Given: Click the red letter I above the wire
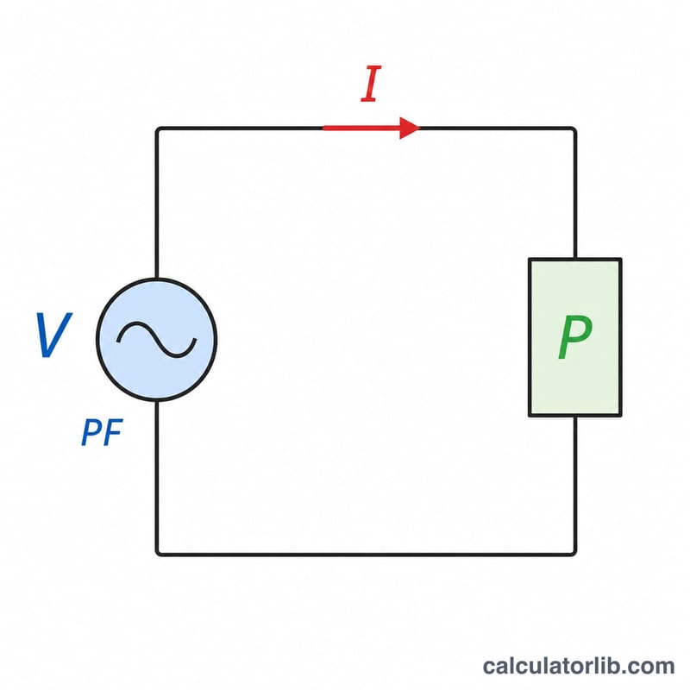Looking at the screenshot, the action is point(371,84).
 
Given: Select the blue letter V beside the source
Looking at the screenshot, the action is point(53,335).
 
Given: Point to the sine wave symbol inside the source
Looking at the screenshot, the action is point(157,339).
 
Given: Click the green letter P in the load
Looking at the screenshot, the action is point(574,337).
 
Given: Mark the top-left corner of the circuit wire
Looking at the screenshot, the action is point(158,129).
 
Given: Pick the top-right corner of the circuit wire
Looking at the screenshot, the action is point(574,129).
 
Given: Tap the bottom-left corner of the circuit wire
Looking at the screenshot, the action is point(158,554).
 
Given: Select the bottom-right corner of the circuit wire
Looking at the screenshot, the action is point(574,554).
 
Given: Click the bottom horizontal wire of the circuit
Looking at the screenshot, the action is point(366,554).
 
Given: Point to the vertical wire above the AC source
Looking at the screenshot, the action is point(157,204).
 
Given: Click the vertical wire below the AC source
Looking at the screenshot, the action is point(157,477).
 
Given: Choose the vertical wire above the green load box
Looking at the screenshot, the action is point(574,193).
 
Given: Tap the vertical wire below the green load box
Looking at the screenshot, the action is point(574,485).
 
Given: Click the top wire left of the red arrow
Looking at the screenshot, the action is point(241,129).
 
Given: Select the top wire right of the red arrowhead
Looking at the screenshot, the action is point(498,129).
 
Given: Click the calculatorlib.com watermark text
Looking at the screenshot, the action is point(579,666).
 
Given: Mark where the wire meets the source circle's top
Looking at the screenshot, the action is point(157,279).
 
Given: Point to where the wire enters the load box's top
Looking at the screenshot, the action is point(574,259).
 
